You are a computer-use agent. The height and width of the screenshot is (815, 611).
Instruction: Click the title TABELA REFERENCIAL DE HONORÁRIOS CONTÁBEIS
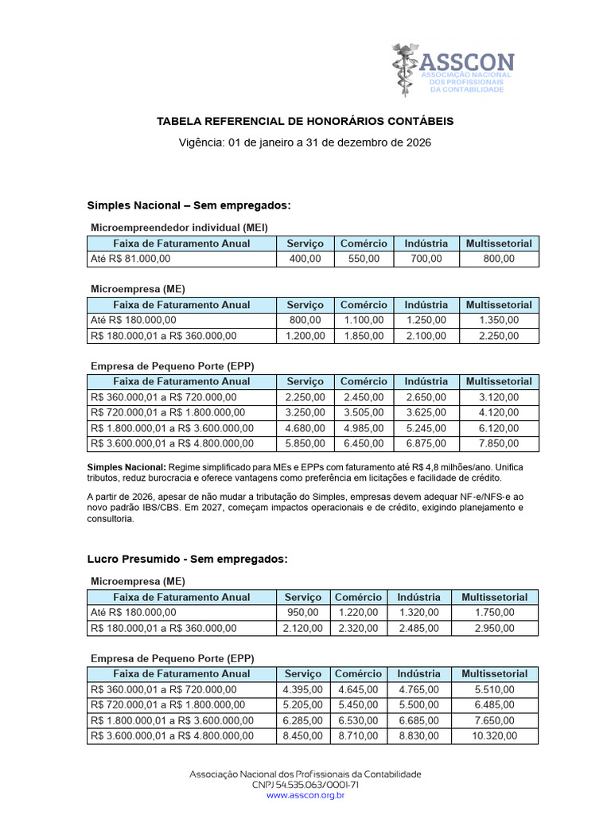[x=305, y=121]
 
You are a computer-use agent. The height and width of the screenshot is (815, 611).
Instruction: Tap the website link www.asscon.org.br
[x=305, y=794]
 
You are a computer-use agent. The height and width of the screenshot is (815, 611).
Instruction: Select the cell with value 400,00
[x=305, y=259]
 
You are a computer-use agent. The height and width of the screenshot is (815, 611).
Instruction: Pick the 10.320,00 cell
[x=495, y=736]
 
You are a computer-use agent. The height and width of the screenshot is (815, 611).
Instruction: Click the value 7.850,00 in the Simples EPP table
[x=499, y=443]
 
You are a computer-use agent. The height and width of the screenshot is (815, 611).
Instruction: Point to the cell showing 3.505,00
[x=364, y=412]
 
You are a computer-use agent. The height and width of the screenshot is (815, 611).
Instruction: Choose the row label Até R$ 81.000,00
[x=130, y=259]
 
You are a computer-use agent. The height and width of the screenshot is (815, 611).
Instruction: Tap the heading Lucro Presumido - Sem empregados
[x=187, y=560]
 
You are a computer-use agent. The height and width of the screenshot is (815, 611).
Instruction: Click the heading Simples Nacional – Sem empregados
[x=189, y=206]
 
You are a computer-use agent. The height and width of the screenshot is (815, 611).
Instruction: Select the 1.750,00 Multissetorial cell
[x=495, y=612]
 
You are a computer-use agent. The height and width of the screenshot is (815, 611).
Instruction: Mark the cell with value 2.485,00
[x=418, y=628]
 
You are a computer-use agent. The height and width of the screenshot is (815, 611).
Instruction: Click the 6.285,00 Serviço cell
[x=302, y=720]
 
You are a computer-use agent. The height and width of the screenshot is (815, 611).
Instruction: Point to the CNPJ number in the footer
[x=305, y=784]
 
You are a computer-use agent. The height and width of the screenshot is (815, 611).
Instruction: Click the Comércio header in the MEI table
[x=364, y=244]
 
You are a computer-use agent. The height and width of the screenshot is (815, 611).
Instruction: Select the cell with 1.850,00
[x=364, y=336]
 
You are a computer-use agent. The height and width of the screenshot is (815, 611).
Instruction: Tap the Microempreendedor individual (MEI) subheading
[x=179, y=227]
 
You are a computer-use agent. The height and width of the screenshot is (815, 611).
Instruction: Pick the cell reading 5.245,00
[x=426, y=428]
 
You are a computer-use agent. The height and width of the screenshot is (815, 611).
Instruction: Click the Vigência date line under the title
[x=305, y=142]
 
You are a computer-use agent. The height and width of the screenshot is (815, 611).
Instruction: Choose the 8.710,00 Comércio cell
[x=358, y=736]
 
